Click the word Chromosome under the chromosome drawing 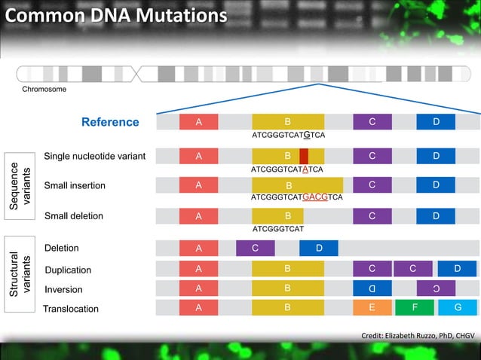point(44,90)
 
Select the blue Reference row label point(110,122)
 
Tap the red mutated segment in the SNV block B point(304,156)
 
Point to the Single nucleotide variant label point(94,156)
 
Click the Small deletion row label point(74,216)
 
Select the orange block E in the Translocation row point(372,308)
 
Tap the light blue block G point(458,308)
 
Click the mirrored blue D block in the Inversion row point(372,288)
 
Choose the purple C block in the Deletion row point(255,248)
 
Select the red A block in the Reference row point(198,122)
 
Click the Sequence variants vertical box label point(18,187)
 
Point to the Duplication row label point(68,270)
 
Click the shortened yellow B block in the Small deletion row point(277,216)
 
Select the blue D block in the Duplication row point(458,269)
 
